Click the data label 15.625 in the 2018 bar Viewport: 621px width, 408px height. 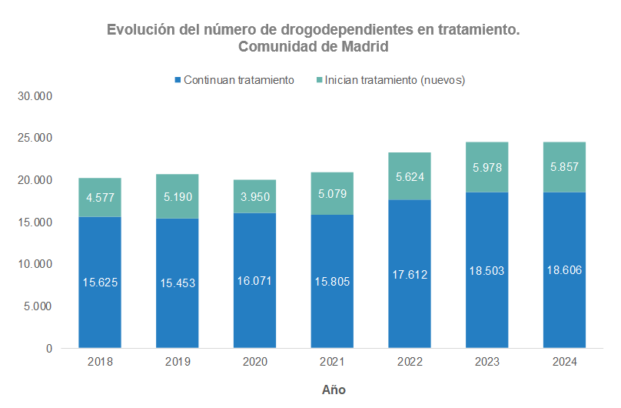(x=100, y=283)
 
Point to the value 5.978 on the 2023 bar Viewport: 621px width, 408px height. (x=487, y=167)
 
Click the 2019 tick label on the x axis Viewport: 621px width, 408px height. (x=177, y=361)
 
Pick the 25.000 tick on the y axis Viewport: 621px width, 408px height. (x=36, y=139)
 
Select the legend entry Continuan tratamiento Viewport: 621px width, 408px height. (x=238, y=80)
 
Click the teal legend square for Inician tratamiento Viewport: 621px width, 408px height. (x=319, y=80)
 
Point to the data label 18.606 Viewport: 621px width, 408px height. (x=564, y=271)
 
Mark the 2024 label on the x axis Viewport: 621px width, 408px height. (x=564, y=361)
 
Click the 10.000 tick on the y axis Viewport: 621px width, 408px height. (x=36, y=264)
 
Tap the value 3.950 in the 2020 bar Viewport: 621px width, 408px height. (x=254, y=197)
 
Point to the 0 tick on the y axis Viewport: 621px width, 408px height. (x=48, y=348)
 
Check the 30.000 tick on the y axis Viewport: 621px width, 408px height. (x=36, y=97)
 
